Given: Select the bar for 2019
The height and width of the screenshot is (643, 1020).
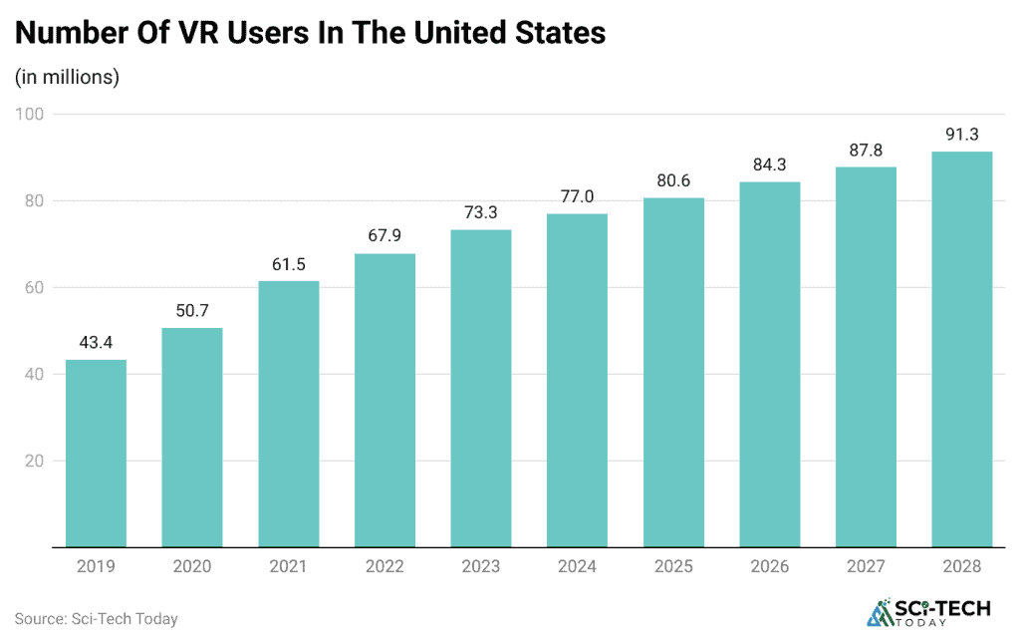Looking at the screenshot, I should coord(96,454).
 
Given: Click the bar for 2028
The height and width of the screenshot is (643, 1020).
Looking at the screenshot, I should coord(961,349).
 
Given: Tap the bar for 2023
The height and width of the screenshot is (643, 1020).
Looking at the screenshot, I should coord(480,389).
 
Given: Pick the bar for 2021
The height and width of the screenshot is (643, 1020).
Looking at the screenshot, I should coord(288,414).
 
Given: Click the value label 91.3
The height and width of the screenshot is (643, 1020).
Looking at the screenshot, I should coord(961,134).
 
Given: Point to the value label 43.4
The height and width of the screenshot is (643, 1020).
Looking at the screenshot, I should coord(96,342).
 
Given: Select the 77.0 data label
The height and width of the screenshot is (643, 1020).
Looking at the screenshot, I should coord(577,196).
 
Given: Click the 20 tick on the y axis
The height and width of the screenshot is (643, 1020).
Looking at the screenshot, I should coord(34,461).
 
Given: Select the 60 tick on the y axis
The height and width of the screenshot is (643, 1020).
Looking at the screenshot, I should coord(34,287).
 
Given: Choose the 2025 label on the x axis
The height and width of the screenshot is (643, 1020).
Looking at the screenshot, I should coord(673,566).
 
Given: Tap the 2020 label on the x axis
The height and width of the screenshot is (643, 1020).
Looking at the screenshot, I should coord(192,566).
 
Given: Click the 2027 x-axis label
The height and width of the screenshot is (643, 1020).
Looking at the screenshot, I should coord(866,566).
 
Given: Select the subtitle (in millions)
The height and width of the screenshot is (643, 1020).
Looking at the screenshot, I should coord(67,77).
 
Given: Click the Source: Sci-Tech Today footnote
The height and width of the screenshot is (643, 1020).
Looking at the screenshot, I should coord(96,619).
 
